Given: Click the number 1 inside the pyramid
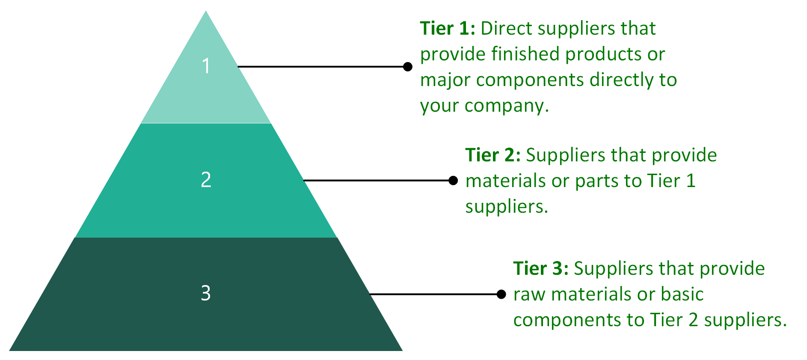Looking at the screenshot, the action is [x=206, y=66].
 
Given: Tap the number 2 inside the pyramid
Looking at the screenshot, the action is [x=206, y=180].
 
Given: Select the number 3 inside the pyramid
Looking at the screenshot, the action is [x=206, y=293].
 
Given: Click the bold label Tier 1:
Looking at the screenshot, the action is [x=447, y=29].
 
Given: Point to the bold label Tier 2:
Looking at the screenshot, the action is [x=493, y=155].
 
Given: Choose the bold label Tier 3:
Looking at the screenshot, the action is [x=540, y=268].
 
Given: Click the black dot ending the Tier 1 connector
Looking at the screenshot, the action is [x=408, y=67].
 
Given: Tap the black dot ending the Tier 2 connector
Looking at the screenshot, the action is [x=453, y=181].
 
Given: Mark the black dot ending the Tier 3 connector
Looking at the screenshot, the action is [x=501, y=295].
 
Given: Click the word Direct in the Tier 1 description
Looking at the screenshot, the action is [x=507, y=29].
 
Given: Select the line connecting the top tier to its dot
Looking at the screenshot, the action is [x=321, y=67].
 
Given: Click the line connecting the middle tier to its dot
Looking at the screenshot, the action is [x=377, y=181].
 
